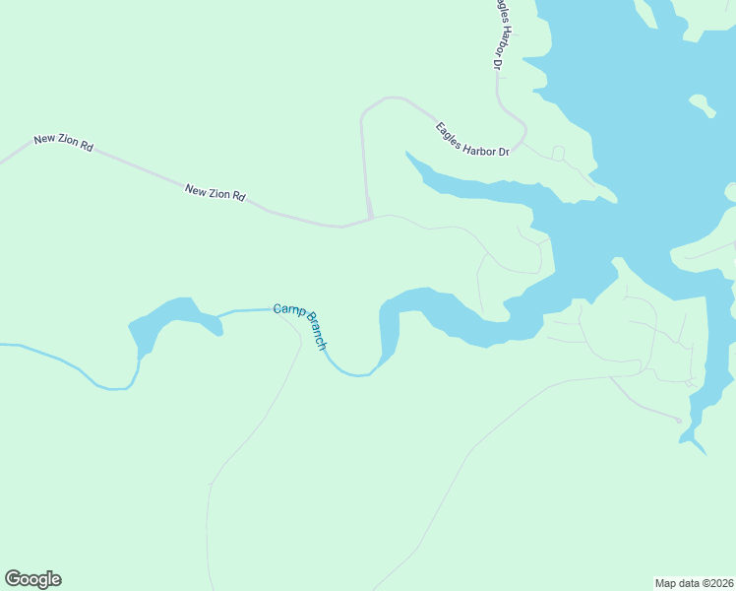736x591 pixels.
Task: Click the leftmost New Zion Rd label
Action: [x=63, y=143]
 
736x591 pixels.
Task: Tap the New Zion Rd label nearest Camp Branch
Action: [x=215, y=192]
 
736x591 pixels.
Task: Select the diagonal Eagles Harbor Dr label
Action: [x=472, y=139]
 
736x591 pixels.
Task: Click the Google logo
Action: [x=32, y=579]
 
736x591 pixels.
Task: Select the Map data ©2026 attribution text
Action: [x=695, y=582]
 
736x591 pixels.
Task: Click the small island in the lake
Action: [x=702, y=103]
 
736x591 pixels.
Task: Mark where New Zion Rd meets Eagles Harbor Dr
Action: [x=371, y=218]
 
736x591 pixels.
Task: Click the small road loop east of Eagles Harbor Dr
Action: [x=558, y=153]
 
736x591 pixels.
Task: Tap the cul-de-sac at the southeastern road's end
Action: [x=678, y=421]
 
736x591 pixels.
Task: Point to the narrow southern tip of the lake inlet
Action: [x=700, y=448]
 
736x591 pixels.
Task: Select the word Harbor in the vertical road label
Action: [x=505, y=42]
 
